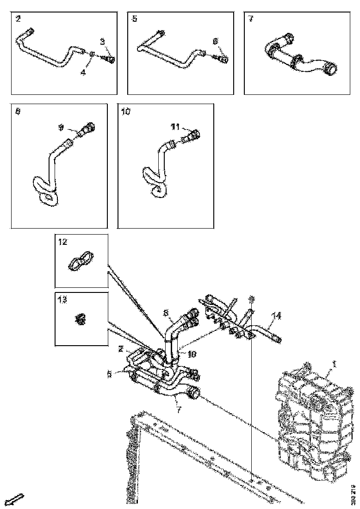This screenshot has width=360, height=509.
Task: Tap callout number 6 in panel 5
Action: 215,41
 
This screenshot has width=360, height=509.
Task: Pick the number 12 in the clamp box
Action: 62,242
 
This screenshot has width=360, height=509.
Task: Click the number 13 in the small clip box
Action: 62,300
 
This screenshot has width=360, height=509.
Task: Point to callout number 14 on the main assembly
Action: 276,316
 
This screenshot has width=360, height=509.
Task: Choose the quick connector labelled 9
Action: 86,129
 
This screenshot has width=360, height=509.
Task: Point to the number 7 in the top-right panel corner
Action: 251,19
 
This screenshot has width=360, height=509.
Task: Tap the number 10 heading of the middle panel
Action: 126,112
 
